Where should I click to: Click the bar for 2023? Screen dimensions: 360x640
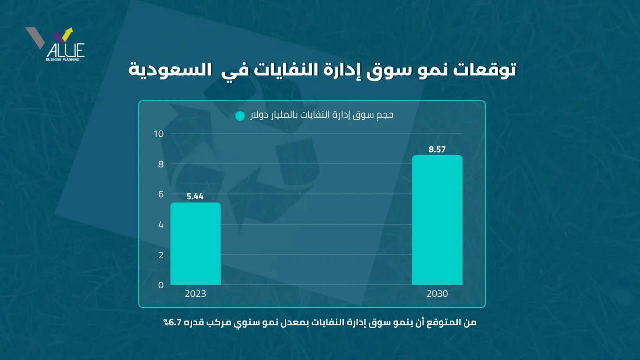(x=195, y=244)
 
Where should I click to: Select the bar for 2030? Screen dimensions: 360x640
(x=437, y=220)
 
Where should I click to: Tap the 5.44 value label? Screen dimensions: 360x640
(x=195, y=197)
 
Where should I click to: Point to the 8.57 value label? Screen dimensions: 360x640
(x=437, y=150)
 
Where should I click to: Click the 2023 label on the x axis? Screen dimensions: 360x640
(x=195, y=294)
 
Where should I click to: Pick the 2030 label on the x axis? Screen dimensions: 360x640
(x=437, y=294)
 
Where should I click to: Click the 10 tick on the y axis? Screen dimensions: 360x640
(x=159, y=134)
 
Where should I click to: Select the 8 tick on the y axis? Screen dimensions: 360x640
(x=161, y=164)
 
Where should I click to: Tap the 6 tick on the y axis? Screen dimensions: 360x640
(x=161, y=195)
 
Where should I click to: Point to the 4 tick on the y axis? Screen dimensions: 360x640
(x=161, y=225)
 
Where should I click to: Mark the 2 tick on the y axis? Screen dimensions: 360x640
(x=161, y=255)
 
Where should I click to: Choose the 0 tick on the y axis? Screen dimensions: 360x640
(x=161, y=285)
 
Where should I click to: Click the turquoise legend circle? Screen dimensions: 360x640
(x=240, y=116)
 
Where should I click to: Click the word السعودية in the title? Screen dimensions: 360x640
(x=158, y=70)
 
